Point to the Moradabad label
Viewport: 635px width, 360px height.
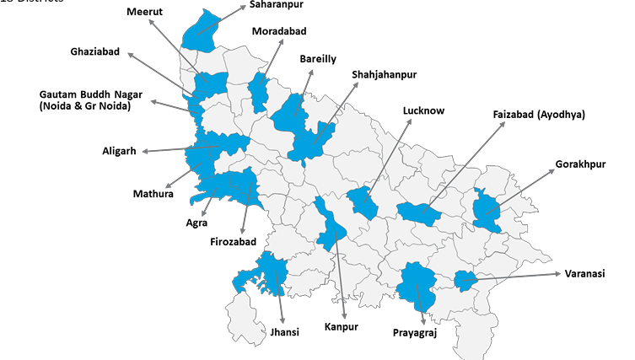tap(279, 31)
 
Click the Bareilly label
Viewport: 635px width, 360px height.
tap(318, 58)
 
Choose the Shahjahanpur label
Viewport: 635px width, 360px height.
tap(385, 74)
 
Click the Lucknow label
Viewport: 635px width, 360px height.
tap(423, 110)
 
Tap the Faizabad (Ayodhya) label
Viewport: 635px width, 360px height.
tap(539, 114)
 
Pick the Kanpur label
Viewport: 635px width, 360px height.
tap(342, 326)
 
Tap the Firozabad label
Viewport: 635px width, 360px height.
tap(233, 241)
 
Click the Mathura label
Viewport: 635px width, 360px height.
tap(153, 194)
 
